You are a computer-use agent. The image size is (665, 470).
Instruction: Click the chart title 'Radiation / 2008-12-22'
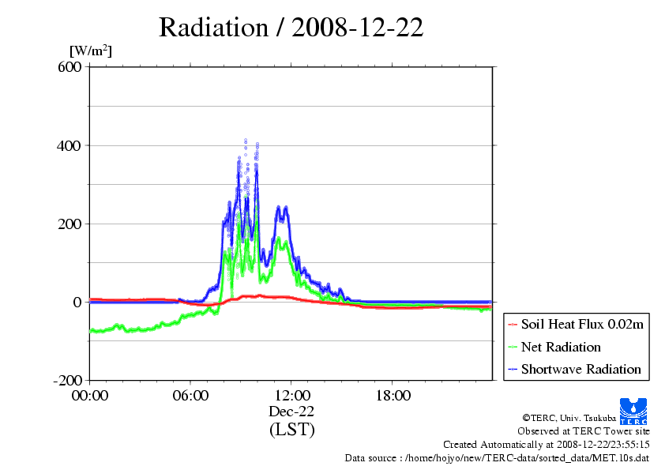click(291, 28)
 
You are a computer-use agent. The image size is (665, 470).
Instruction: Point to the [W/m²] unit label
click(91, 51)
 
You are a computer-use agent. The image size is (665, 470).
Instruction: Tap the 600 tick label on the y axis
click(70, 67)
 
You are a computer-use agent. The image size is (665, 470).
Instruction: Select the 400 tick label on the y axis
click(69, 146)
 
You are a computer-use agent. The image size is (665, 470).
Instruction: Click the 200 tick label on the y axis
click(70, 224)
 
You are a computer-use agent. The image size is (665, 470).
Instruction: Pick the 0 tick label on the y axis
click(77, 303)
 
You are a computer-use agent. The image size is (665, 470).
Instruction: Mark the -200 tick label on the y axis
click(67, 381)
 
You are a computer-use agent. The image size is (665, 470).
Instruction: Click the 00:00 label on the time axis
click(90, 396)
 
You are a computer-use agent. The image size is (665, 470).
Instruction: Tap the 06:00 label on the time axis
click(190, 396)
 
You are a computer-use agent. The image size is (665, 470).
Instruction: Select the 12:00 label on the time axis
click(291, 396)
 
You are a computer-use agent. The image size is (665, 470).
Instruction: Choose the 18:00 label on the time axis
click(393, 396)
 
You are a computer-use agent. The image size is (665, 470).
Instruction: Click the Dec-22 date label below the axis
click(291, 412)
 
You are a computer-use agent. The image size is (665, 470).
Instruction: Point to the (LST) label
click(291, 429)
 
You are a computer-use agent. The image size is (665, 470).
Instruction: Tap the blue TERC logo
click(633, 412)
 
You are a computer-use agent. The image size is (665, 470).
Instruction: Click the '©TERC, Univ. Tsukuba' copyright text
click(569, 418)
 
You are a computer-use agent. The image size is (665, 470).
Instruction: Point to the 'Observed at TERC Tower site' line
click(584, 431)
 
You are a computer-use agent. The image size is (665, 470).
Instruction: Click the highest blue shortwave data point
click(246, 140)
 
